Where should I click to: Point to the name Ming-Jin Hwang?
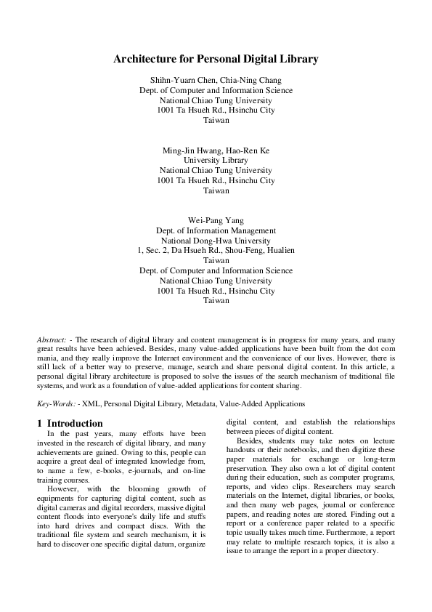pos(190,150)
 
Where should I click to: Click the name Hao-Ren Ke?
pos(248,150)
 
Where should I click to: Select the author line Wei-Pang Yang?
pos(216,220)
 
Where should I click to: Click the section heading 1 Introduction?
pos(70,423)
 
